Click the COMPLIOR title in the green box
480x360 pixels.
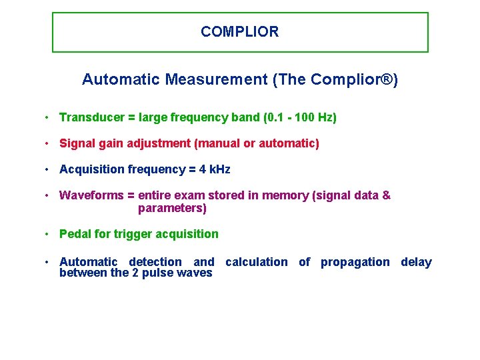[x=239, y=31]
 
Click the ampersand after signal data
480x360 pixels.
[x=386, y=195]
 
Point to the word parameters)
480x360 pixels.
[x=172, y=208]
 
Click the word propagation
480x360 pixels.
[x=355, y=262]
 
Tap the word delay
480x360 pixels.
[x=416, y=262]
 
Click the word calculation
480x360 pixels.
[x=257, y=262]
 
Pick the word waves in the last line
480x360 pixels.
[x=196, y=273]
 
